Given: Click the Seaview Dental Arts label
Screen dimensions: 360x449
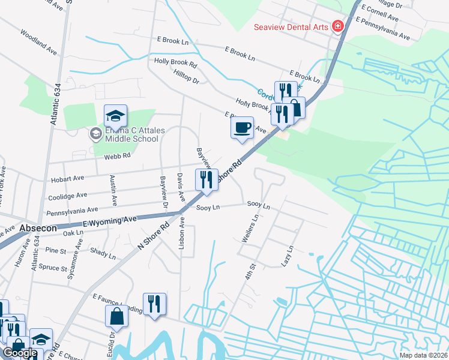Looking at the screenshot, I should click(291, 27).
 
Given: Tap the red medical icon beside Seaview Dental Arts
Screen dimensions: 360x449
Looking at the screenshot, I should click(337, 26).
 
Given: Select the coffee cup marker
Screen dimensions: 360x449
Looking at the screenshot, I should click(242, 128).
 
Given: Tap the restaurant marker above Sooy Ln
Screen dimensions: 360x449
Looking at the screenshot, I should click(205, 180).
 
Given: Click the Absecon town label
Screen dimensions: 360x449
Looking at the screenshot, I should click(38, 229).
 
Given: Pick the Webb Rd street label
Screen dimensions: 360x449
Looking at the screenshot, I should click(118, 156).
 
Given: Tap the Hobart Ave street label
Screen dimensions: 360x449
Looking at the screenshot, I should click(68, 178).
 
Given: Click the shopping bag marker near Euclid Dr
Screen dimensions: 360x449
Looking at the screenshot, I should click(116, 316).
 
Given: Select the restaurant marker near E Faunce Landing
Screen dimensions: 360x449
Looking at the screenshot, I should click(154, 304).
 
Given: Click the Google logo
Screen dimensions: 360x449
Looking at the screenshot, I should click(20, 353).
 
